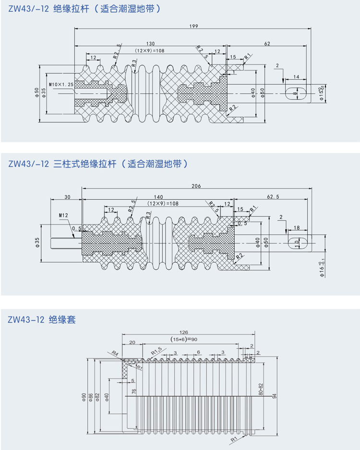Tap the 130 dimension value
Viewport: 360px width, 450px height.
click(x=150, y=43)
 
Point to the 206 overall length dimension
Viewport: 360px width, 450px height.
click(x=196, y=186)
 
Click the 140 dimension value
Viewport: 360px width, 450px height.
click(x=159, y=197)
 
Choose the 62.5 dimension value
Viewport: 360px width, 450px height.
click(x=273, y=197)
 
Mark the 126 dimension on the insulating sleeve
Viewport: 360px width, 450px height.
click(x=183, y=332)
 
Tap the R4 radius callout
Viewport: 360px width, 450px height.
click(x=115, y=353)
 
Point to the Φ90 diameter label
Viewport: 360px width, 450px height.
click(x=84, y=397)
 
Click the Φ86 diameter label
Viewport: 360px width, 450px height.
click(x=91, y=397)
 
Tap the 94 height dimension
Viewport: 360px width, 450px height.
click(x=275, y=397)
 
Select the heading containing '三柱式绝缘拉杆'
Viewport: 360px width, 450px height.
click(x=98, y=164)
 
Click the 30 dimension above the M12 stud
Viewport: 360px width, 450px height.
click(x=67, y=197)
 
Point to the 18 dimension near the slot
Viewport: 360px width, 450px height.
click(x=296, y=228)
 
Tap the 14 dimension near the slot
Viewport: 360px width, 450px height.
click(x=296, y=77)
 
